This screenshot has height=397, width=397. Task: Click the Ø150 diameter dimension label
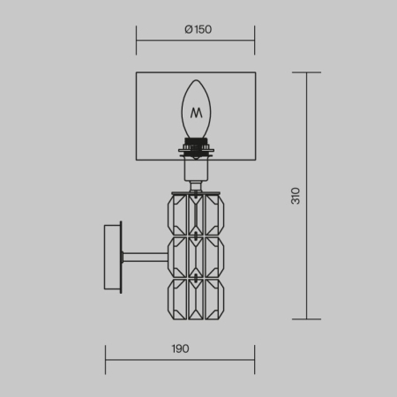pos(198,29)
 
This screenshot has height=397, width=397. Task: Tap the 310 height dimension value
pos(296,196)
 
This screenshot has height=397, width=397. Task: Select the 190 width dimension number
pos(180,348)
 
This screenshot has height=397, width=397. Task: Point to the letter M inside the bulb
pos(196,113)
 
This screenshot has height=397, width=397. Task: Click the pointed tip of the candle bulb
pos(196,80)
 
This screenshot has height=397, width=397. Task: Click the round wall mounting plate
pos(113,258)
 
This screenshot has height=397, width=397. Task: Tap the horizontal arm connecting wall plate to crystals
pos(145,258)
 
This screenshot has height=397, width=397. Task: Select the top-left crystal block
pos(177,215)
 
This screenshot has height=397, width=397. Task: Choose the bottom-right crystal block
pos(214,299)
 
